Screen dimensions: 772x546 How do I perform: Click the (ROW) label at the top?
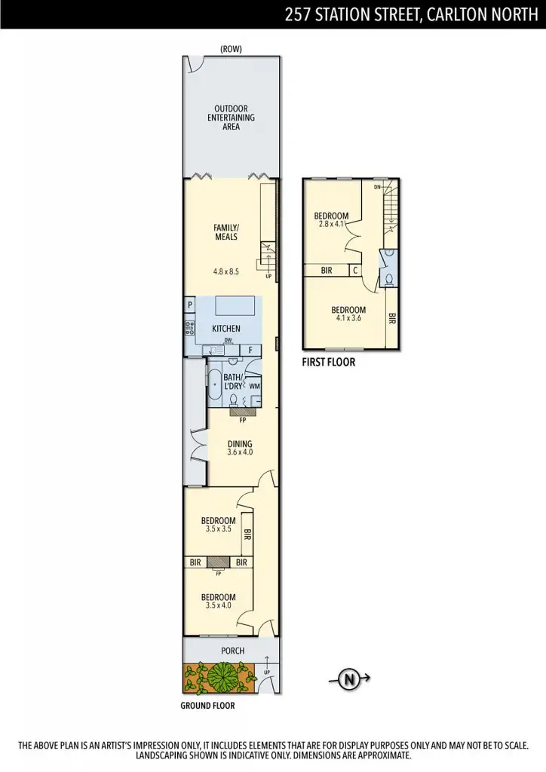231,49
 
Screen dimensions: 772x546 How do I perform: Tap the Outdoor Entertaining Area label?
231,118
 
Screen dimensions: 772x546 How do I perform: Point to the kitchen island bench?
235,306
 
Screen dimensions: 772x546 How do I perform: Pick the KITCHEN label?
225,329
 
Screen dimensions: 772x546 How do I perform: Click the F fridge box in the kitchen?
250,349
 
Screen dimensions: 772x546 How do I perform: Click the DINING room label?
240,444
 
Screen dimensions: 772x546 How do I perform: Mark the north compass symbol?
349,679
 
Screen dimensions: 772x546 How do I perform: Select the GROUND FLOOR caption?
207,706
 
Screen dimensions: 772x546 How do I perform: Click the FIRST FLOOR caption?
328,362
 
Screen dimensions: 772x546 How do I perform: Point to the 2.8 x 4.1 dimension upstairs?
331,224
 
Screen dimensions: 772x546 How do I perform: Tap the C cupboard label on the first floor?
354,270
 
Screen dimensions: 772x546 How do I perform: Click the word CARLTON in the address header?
453,14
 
